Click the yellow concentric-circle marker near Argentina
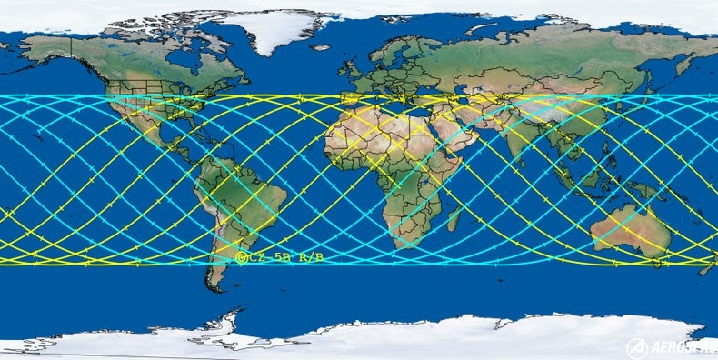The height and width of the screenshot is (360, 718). click(241, 258)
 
